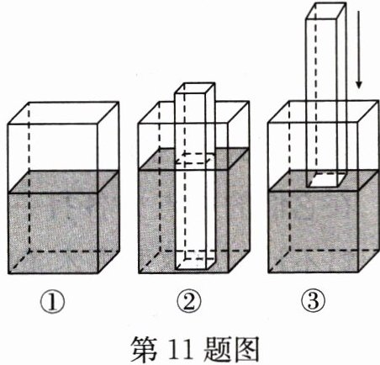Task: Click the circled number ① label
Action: click(52, 302)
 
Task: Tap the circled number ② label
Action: click(189, 302)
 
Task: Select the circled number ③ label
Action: click(313, 302)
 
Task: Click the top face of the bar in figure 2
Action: click(195, 87)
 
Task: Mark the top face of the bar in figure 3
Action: click(326, 11)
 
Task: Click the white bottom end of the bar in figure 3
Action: click(326, 180)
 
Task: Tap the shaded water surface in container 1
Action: click(63, 182)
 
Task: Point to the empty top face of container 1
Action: click(63, 113)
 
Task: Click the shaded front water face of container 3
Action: click(314, 231)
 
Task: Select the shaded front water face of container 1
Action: click(54, 233)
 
